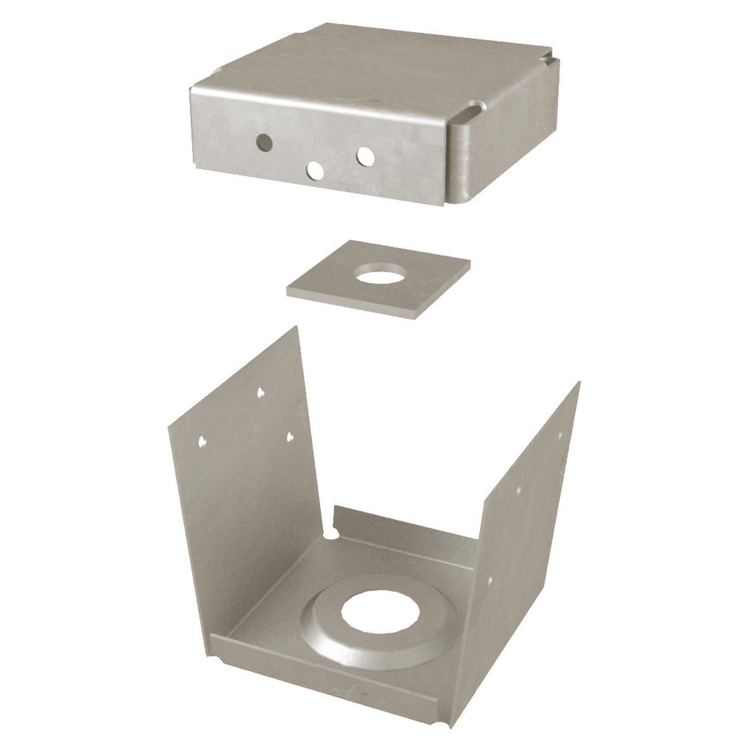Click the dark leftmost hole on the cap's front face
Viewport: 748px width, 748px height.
[x=263, y=140]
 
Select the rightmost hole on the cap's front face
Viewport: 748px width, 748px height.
[x=365, y=156]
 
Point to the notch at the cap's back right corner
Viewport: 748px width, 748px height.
[x=550, y=56]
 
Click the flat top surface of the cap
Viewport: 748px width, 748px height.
[x=374, y=67]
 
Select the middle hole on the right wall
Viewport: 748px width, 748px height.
[x=519, y=491]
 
